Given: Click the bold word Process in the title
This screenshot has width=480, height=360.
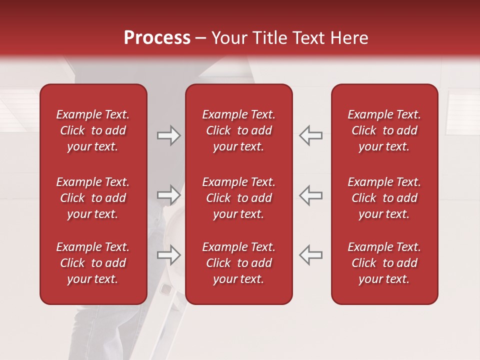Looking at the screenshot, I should tap(157, 38).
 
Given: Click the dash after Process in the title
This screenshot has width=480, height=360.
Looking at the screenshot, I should tap(201, 38).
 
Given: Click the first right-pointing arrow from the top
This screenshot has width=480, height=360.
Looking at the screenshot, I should tap(168, 135).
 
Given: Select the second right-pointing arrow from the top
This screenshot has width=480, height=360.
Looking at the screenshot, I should tap(168, 195).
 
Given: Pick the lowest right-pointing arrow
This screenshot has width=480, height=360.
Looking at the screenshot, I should tap(168, 254).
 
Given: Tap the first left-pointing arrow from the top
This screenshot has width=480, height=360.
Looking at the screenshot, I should tap(311, 135).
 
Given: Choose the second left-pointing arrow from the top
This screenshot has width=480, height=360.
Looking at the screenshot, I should tap(311, 195).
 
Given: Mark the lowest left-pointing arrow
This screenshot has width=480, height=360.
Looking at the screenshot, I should tap(311, 254).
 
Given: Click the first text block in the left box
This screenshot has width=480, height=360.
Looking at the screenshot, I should tap(93, 130).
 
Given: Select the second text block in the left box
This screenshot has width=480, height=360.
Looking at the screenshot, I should tap(93, 198).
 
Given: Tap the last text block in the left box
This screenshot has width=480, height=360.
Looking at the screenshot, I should tap(93, 263).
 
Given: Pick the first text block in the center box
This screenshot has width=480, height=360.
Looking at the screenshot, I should tap(239, 130).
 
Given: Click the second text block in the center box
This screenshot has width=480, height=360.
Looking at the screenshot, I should tap(239, 198).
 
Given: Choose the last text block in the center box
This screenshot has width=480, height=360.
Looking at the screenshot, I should tap(239, 263).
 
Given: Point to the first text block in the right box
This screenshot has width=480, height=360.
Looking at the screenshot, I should tap(384, 130).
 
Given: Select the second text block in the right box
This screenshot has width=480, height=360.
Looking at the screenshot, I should tap(384, 198).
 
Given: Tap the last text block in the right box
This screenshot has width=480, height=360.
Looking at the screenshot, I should tap(384, 263).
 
